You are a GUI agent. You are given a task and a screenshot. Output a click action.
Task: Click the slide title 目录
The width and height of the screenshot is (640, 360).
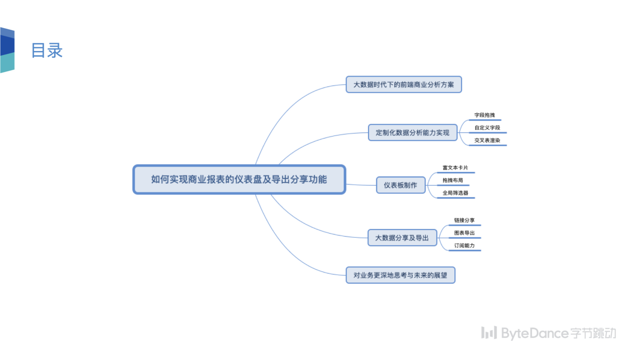point(47,51)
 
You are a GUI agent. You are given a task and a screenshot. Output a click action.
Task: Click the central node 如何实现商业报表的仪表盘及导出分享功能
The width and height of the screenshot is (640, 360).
point(239,179)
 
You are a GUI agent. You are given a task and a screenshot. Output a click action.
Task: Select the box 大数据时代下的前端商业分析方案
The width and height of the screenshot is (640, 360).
point(404,85)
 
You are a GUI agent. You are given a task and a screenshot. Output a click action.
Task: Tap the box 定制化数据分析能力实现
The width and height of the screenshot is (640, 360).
point(413,133)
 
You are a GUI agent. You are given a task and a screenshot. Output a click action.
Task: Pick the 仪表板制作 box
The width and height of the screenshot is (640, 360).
point(400,185)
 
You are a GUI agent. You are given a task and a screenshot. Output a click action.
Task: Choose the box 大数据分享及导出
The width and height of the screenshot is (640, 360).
point(402,238)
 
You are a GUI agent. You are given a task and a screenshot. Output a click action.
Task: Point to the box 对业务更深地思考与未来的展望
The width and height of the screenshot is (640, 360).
point(400,275)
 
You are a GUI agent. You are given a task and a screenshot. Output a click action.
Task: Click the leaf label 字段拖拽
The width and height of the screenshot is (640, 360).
point(484,115)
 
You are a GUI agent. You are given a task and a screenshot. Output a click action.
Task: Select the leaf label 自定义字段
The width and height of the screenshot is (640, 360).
point(487,128)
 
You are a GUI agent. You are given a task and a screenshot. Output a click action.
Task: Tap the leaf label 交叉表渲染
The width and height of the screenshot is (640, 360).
point(487,140)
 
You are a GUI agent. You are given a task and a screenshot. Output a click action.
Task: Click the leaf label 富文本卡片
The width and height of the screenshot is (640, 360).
point(455,168)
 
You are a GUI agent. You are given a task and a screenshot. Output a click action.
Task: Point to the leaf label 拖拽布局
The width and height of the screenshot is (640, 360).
point(453,180)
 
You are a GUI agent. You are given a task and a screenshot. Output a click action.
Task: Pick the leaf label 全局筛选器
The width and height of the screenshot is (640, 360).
point(455,193)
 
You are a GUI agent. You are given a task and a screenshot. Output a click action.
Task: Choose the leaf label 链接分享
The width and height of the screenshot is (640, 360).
point(464,220)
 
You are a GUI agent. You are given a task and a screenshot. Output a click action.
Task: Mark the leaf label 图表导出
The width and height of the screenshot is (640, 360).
point(464,233)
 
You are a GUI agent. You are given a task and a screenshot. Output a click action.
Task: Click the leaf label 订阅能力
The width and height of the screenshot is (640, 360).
point(464,245)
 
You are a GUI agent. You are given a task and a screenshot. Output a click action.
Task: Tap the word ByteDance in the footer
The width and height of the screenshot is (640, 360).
point(535,333)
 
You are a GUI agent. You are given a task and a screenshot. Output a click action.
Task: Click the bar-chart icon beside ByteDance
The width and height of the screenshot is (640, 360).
point(489,333)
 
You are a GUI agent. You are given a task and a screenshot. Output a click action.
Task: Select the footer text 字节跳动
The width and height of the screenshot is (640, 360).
point(593,333)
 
